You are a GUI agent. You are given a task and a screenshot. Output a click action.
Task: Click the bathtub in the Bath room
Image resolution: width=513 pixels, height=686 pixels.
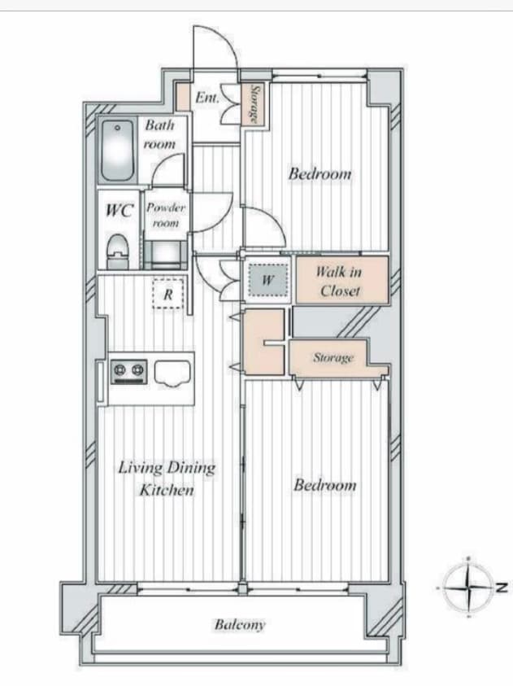pyautogui.click(x=117, y=150)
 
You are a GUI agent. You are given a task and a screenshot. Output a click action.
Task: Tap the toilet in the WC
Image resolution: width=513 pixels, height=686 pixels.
pyautogui.click(x=117, y=251)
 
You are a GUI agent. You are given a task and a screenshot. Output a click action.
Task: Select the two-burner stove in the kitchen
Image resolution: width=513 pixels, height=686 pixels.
pyautogui.click(x=128, y=371)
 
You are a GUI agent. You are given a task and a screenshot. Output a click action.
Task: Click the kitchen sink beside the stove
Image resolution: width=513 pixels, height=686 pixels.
pyautogui.click(x=172, y=373)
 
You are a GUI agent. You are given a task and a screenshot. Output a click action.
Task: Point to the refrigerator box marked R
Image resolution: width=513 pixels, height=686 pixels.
pyautogui.click(x=167, y=294)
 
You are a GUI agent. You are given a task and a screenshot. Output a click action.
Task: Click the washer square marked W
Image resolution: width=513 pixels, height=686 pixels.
pyautogui.click(x=267, y=279)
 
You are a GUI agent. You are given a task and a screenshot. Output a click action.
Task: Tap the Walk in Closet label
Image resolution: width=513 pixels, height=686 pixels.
pyautogui.click(x=339, y=281)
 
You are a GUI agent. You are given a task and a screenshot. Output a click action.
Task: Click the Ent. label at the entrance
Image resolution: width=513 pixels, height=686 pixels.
pyautogui.click(x=207, y=97)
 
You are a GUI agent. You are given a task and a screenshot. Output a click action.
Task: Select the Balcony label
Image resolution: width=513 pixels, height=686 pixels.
pyautogui.click(x=240, y=625)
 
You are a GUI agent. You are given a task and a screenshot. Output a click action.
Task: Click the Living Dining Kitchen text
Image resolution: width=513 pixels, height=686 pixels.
pyautogui.click(x=167, y=478)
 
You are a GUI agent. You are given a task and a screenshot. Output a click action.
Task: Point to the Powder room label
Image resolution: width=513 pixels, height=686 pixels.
pyautogui.click(x=165, y=215)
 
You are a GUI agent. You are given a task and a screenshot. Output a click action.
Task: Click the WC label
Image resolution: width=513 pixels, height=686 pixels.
pyautogui.click(x=119, y=211)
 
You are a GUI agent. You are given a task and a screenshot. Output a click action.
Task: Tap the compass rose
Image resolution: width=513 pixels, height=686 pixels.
pyautogui.click(x=468, y=587)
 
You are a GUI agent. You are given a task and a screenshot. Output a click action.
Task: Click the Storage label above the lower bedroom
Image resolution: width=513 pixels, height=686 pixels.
pyautogui.click(x=333, y=358)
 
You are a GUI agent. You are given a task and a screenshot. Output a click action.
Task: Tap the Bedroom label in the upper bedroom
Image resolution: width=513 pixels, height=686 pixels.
pyautogui.click(x=320, y=173)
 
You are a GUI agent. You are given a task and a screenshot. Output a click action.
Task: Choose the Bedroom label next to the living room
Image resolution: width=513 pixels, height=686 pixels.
pyautogui.click(x=324, y=485)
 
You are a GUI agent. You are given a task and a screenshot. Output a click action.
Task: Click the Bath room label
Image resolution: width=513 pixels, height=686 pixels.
pyautogui.click(x=159, y=134)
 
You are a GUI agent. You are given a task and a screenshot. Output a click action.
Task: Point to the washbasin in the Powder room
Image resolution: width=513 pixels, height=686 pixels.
pyautogui.click(x=166, y=254)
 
